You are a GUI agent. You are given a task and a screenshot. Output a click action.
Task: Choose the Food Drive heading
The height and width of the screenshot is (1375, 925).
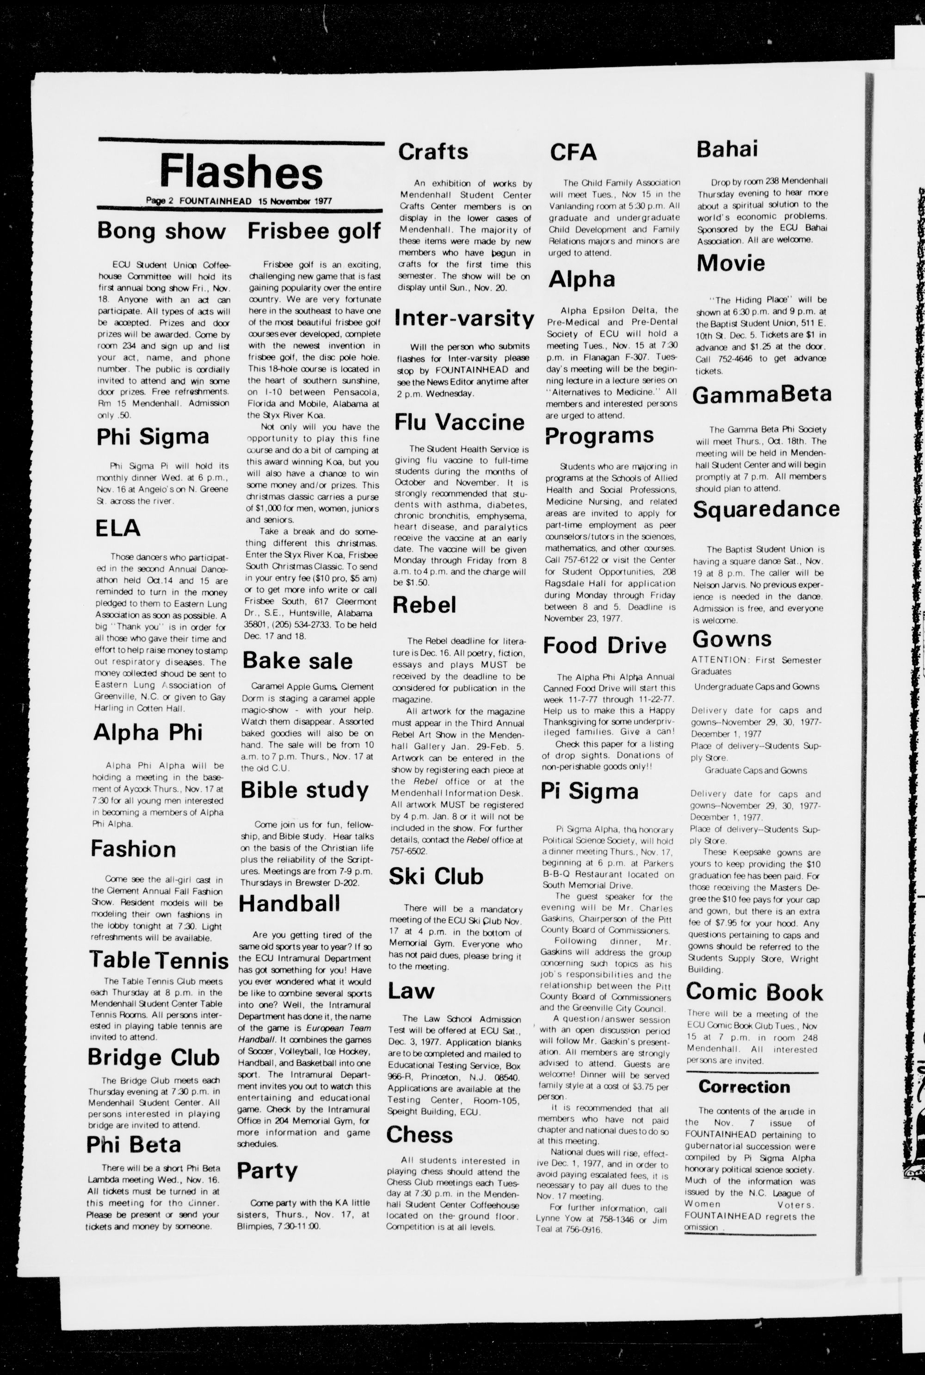(604, 645)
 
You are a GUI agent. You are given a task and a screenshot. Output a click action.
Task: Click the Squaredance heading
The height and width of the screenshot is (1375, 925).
(766, 509)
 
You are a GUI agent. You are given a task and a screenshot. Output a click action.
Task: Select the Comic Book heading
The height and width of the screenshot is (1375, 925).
(754, 991)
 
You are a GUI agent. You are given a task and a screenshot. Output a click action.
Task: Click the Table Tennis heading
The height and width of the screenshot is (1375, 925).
(159, 960)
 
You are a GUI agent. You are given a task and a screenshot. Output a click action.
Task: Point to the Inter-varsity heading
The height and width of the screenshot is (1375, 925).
(464, 319)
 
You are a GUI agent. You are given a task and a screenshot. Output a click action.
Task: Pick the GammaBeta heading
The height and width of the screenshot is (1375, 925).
(762, 394)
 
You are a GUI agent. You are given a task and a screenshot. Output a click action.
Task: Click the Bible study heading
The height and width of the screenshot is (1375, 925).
(304, 790)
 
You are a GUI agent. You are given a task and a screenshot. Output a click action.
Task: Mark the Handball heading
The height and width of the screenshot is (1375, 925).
(289, 904)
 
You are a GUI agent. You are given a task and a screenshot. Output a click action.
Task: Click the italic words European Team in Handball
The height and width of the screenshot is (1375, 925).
(340, 1028)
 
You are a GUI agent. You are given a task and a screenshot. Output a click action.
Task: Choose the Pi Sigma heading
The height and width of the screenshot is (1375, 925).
(589, 791)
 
